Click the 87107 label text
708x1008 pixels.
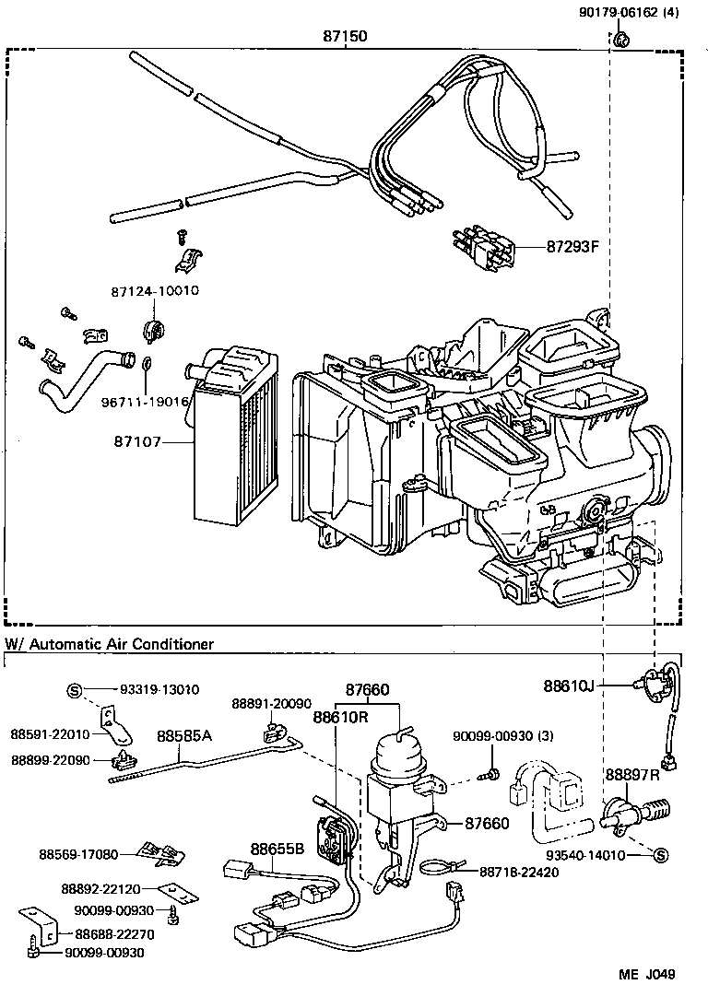point(138,442)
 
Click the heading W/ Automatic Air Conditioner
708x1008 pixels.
point(110,644)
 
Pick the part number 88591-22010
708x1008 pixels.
point(51,734)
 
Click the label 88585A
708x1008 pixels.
point(183,736)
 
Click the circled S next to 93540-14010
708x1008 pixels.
point(660,856)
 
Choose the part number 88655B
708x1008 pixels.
point(276,850)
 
